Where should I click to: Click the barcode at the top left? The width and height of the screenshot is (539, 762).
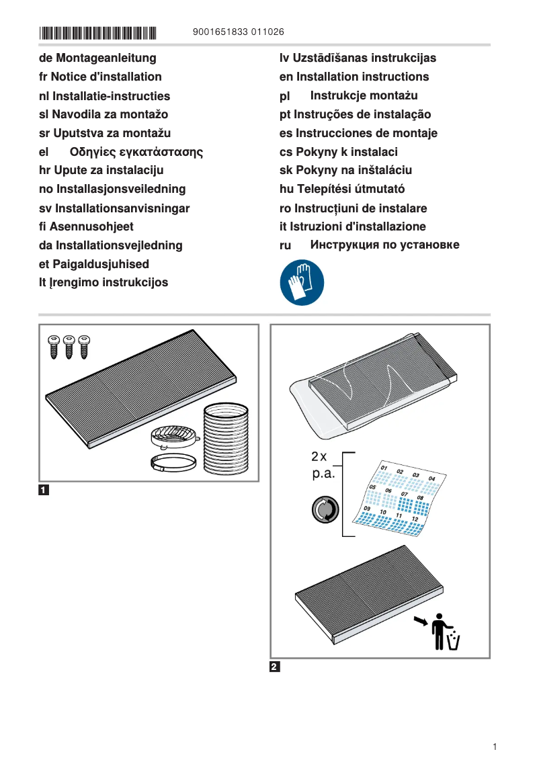(x=97, y=32)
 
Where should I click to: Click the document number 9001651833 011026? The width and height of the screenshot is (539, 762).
(x=238, y=32)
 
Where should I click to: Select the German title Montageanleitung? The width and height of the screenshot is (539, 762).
(x=97, y=58)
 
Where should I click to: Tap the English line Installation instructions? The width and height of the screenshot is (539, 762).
(x=354, y=77)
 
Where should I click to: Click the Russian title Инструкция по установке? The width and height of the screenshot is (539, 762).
(x=384, y=245)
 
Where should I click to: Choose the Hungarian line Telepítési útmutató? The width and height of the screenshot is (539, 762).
(x=342, y=189)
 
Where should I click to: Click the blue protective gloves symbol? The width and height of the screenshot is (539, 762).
(x=302, y=282)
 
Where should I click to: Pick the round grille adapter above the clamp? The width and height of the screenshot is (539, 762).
(x=176, y=437)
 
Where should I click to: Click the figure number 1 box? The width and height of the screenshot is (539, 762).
(x=44, y=490)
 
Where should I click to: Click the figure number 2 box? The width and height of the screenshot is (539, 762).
(x=274, y=667)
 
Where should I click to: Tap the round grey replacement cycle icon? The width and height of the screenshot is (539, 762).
(x=325, y=510)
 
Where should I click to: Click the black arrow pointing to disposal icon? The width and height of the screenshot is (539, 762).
(x=421, y=621)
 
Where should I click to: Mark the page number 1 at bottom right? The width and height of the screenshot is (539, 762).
(x=494, y=747)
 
